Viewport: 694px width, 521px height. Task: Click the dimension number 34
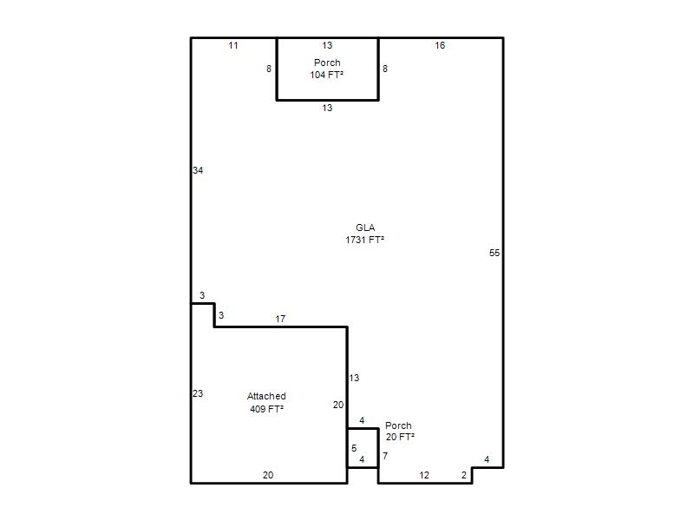point(198,170)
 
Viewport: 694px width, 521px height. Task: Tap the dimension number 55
point(494,253)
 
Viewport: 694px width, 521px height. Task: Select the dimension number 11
point(233,45)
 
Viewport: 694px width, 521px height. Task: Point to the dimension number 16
point(440,45)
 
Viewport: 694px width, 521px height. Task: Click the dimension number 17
point(280,319)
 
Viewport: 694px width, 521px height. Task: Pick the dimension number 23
point(198,393)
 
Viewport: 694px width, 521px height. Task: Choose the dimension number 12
point(424,475)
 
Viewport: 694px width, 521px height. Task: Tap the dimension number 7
point(385,456)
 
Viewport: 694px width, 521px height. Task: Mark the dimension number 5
point(354,448)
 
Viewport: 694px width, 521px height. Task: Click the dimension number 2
point(464,475)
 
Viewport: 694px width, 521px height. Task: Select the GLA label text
point(365,228)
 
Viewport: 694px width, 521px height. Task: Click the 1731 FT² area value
point(364,240)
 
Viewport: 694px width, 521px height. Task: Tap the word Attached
point(266,396)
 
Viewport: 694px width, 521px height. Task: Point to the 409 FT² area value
point(267,409)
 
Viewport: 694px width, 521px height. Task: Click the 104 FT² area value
point(327,75)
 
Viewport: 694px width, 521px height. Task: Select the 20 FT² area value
point(400,437)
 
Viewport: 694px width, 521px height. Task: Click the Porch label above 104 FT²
point(327,63)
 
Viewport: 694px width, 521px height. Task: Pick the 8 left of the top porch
point(269,69)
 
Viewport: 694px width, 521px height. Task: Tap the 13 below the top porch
point(327,108)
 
